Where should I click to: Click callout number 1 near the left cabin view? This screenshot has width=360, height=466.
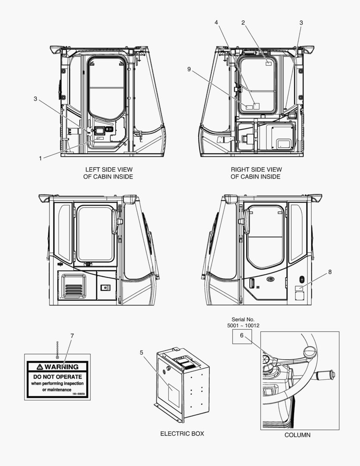coord(41,158)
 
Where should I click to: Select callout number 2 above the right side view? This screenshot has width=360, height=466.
coord(243,22)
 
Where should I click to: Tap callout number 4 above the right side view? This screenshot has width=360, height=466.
coord(216,22)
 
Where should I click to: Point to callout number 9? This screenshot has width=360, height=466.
coord(189,69)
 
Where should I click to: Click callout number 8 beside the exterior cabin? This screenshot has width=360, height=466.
coord(330,272)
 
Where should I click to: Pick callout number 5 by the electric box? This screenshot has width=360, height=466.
coord(141,353)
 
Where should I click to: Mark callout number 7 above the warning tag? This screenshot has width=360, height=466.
coord(72,336)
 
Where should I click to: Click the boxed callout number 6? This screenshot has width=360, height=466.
coord(241,335)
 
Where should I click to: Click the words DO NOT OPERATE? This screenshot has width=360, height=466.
coord(57,377)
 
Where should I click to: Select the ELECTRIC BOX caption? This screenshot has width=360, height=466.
coord(182,433)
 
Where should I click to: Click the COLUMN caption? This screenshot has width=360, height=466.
coord(297,435)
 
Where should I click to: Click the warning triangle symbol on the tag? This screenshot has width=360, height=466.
coord(40,367)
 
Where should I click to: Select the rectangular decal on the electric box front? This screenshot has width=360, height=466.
coord(173,396)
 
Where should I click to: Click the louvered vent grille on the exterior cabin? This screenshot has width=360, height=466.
coord(73,286)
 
